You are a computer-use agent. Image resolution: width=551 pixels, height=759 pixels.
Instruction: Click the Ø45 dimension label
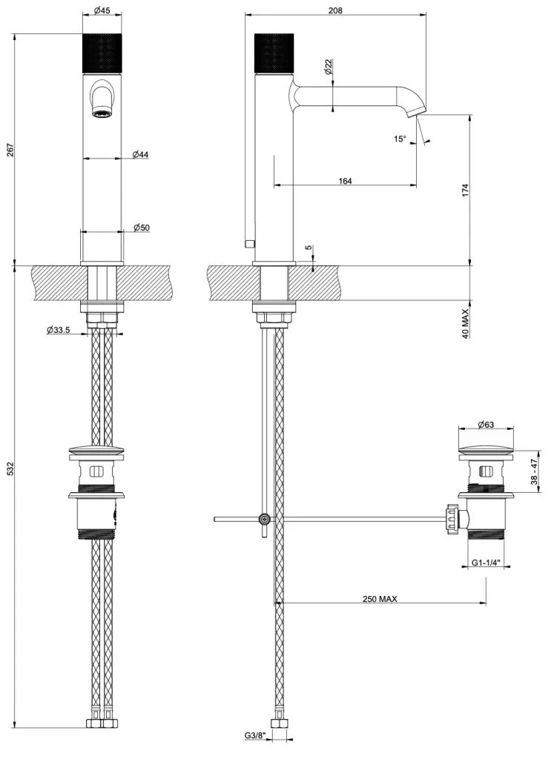[102, 10]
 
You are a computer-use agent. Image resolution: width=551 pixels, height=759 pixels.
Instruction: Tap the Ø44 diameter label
[141, 153]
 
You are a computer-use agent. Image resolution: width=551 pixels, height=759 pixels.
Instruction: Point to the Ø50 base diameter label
[141, 228]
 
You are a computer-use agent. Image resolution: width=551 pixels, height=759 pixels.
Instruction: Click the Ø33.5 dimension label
[58, 330]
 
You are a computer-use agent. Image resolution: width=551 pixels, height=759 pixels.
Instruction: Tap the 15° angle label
[400, 139]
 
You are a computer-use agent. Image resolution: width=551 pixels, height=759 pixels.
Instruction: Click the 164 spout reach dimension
[344, 181]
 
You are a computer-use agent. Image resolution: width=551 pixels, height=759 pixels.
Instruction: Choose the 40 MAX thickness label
[465, 323]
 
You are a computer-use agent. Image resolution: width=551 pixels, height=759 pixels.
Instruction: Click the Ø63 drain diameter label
[486, 424]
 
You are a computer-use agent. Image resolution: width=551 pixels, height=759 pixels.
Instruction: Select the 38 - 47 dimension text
[533, 471]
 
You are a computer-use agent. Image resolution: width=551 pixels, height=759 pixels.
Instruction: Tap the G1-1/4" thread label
[486, 563]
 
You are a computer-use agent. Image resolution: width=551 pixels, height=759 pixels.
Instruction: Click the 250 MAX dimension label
[380, 599]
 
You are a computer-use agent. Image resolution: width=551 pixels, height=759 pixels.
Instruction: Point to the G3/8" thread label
[254, 735]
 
